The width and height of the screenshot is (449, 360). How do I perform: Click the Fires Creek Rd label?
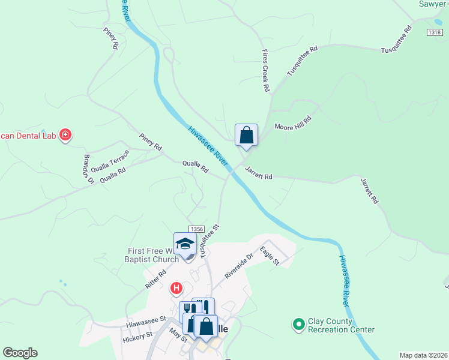pyautogui.click(x=265, y=71)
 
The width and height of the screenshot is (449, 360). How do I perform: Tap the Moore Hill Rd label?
pyautogui.click(x=294, y=123)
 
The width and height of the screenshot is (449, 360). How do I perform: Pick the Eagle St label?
pyautogui.click(x=270, y=255)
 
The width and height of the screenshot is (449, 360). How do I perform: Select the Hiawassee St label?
pyautogui.click(x=146, y=323)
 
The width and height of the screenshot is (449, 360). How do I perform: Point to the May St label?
pyautogui.click(x=178, y=335)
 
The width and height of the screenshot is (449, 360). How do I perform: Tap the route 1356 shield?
pyautogui.click(x=196, y=229)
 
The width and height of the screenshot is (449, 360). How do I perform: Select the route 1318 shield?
pyautogui.click(x=435, y=32)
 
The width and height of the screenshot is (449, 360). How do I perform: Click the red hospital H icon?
pyautogui.click(x=176, y=289)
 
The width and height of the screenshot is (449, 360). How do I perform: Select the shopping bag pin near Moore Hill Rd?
pyautogui.click(x=247, y=135)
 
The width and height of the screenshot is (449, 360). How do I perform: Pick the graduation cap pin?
pyautogui.click(x=185, y=244)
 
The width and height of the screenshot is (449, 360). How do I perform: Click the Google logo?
pyautogui.click(x=20, y=353)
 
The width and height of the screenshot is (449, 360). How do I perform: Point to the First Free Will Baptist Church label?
pyautogui.click(x=153, y=255)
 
